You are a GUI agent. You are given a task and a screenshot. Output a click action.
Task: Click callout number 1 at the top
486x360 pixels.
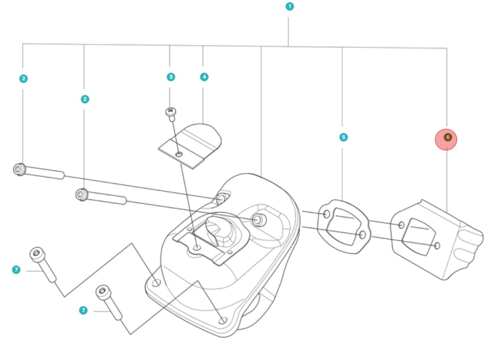[290, 7]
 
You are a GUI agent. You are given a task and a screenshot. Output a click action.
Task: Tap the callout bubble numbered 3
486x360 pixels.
[171, 77]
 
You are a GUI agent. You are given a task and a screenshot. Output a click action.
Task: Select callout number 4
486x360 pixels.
[204, 77]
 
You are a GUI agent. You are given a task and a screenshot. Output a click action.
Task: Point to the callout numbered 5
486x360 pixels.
[343, 137]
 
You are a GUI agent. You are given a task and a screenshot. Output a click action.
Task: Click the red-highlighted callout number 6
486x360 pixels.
[446, 139]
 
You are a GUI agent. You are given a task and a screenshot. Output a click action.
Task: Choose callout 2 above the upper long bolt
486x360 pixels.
[24, 78]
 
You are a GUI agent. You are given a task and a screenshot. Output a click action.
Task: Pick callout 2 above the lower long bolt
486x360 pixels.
[84, 99]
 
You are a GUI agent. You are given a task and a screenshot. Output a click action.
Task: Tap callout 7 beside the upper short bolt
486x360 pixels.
[16, 269]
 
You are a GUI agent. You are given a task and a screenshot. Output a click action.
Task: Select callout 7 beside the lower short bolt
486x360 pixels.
[83, 310]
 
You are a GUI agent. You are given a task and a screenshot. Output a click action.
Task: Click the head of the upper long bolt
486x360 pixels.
[20, 169]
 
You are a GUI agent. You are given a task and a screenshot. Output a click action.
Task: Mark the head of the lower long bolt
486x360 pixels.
[82, 195]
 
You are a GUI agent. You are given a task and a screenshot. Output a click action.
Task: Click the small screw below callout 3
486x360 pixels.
[171, 111]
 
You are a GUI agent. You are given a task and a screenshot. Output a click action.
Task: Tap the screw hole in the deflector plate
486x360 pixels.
[179, 155]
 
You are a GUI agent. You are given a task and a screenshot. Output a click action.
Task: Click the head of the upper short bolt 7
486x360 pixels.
[36, 254]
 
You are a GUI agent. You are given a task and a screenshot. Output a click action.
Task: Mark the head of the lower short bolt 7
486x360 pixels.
[103, 292]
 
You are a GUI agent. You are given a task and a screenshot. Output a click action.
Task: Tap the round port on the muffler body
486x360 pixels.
[258, 220]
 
